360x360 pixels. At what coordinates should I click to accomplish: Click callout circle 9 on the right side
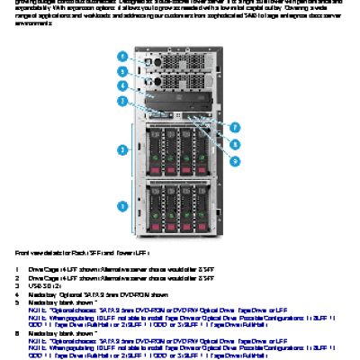tap(236, 159)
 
